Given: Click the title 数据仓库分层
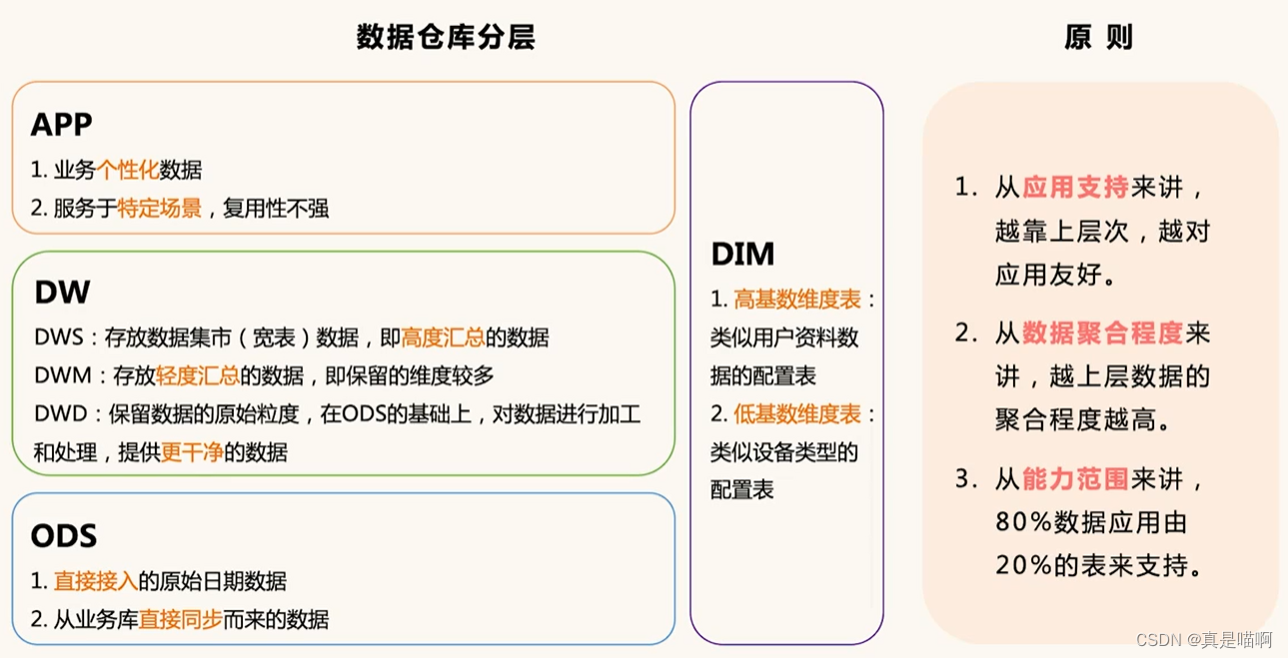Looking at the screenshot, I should click(x=446, y=37).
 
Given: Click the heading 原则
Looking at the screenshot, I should click(x=1098, y=37).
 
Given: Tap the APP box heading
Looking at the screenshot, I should click(x=62, y=124).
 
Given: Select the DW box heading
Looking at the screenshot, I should click(x=62, y=293).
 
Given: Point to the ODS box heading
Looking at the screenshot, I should click(x=64, y=536).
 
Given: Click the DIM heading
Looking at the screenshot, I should click(x=742, y=255).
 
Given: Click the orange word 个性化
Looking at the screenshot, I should click(x=127, y=170).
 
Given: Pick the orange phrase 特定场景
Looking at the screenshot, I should click(x=160, y=209).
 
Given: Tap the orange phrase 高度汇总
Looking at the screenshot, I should click(x=443, y=337).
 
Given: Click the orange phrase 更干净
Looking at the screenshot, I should click(x=192, y=452).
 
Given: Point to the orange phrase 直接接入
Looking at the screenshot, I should click(x=96, y=581).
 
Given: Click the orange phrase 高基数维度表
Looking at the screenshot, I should click(x=797, y=300).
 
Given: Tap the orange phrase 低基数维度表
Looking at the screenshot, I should click(x=797, y=413).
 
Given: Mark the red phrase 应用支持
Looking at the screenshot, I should click(x=1075, y=187).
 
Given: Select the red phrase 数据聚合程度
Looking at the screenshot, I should click(x=1102, y=332).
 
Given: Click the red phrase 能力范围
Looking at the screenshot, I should click(x=1075, y=479).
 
